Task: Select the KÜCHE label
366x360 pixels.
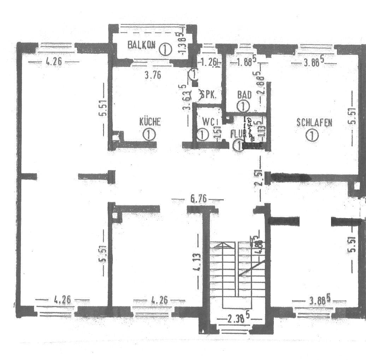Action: [150, 122]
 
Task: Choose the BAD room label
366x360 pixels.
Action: [244, 95]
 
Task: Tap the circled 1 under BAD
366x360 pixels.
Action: [243, 106]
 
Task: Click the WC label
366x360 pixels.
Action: [209, 122]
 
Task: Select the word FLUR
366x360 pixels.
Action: [237, 134]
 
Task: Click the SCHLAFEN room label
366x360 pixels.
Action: [314, 123]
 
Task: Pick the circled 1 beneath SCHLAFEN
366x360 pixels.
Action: [312, 135]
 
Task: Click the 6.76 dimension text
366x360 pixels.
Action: [198, 199]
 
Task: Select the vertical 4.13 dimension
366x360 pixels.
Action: [198, 262]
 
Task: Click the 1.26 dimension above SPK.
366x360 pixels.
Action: [209, 63]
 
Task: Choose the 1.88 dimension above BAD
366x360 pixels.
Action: [245, 63]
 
